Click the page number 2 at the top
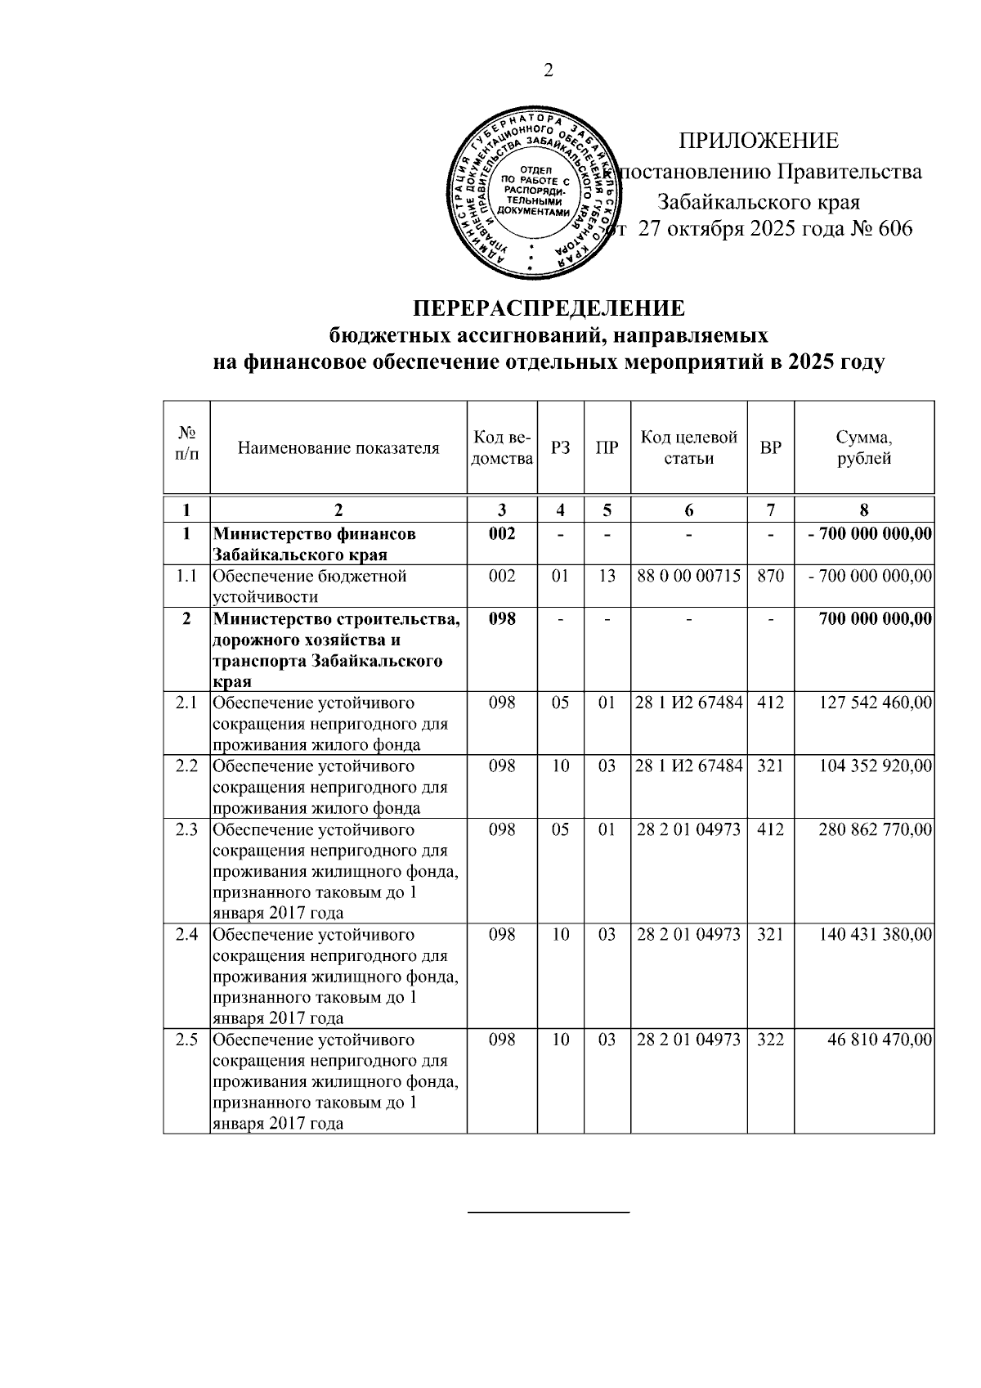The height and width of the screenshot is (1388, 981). tap(549, 71)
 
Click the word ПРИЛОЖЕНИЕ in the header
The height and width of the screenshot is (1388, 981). tap(758, 141)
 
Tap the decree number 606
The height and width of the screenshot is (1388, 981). tap(894, 229)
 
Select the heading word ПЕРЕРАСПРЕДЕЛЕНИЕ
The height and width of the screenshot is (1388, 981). tap(548, 309)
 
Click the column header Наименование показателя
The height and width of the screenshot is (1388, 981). tap(338, 447)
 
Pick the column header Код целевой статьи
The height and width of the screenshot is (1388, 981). tap(688, 447)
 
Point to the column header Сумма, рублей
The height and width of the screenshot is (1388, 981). tap(864, 447)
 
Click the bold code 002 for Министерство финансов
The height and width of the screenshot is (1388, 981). tap(502, 534)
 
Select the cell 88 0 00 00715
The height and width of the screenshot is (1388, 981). tap(688, 576)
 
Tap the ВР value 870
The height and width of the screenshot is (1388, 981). tap(770, 576)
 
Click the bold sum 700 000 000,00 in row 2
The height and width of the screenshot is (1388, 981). tap(876, 618)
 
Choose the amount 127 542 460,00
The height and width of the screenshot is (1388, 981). tap(876, 703)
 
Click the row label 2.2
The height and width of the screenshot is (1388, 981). tap(187, 766)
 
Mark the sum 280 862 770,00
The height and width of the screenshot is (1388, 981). tap(876, 829)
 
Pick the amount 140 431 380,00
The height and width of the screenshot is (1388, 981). tap(876, 935)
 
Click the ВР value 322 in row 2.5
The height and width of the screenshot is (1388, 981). tap(770, 1040)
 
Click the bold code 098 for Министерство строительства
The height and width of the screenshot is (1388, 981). tap(502, 618)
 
